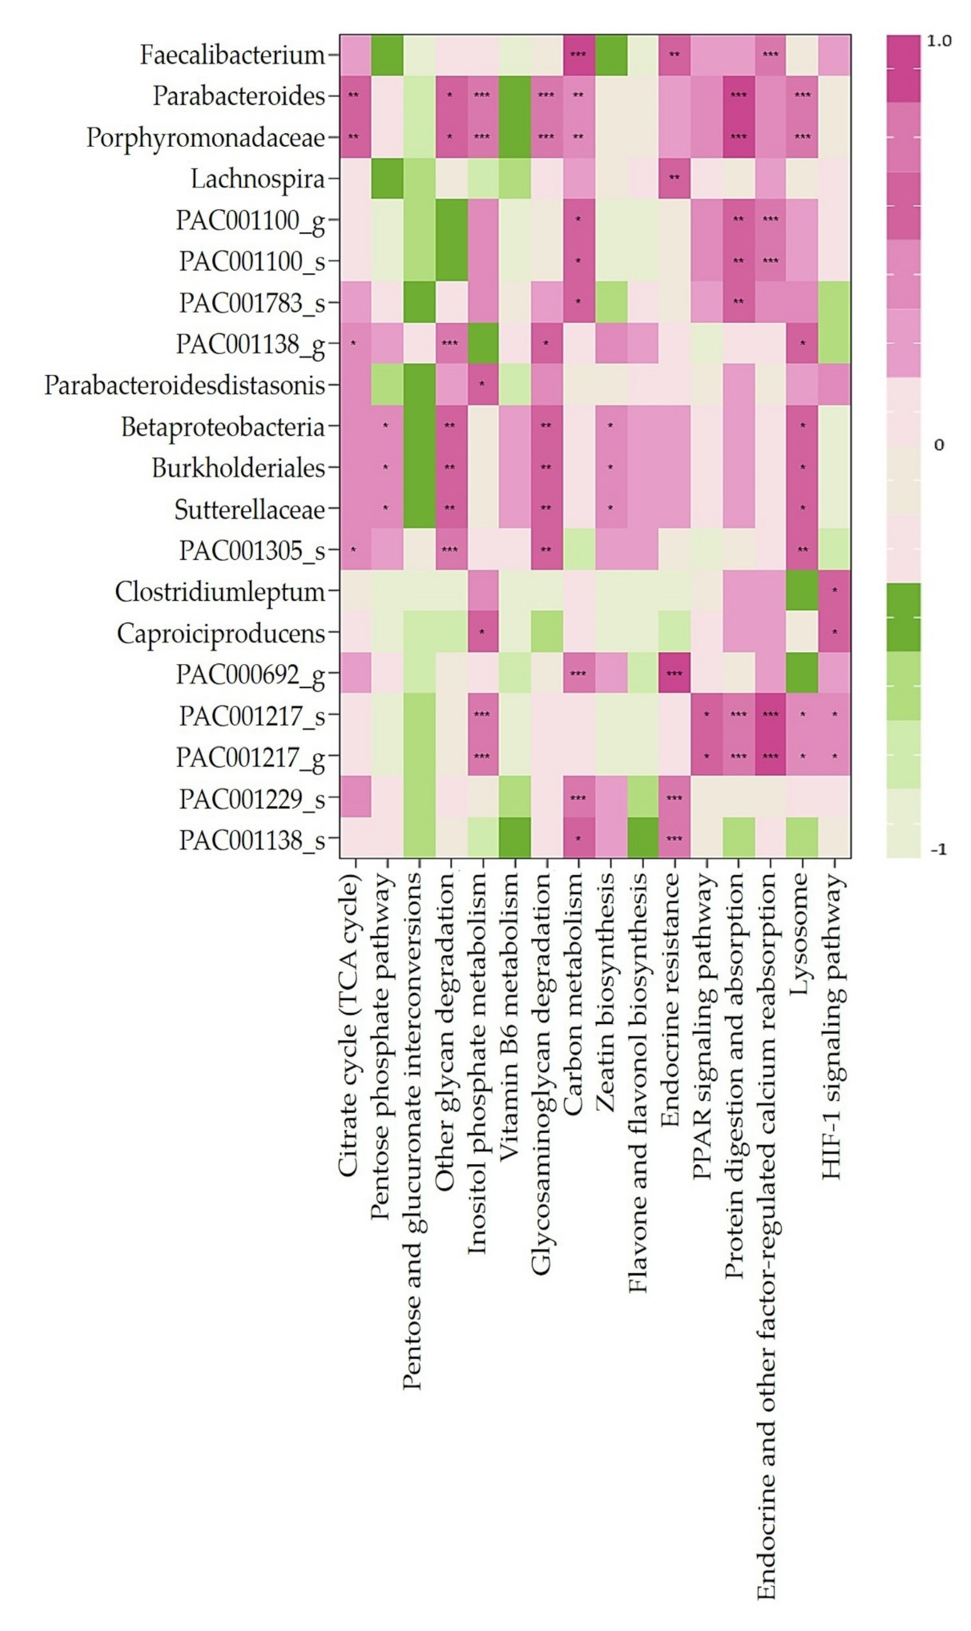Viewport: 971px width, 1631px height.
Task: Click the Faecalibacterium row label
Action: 232,55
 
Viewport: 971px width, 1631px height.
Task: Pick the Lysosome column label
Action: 800,936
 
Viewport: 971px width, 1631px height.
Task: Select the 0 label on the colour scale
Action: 939,445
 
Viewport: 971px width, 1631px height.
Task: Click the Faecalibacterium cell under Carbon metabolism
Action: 579,55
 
